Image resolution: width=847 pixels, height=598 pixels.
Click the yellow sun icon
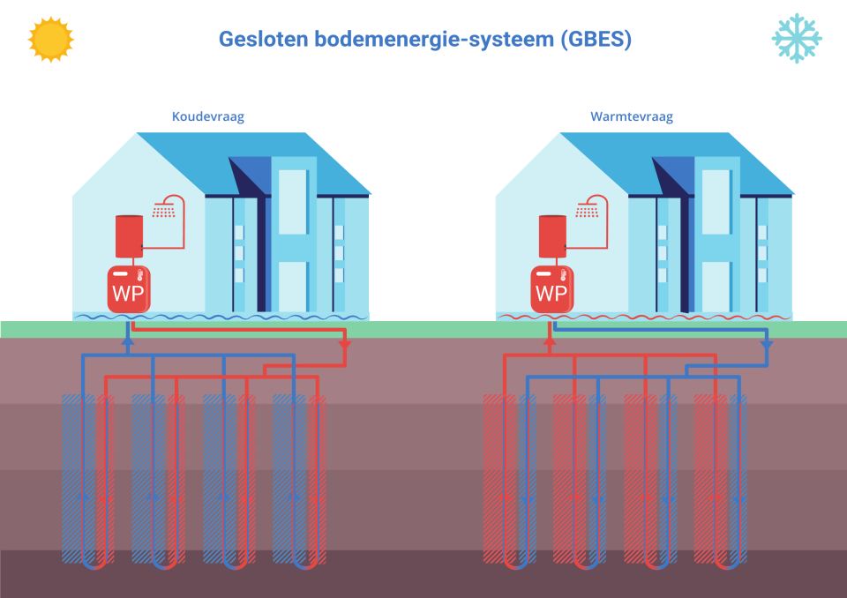(x=50, y=39)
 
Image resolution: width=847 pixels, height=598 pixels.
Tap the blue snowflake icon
(x=796, y=38)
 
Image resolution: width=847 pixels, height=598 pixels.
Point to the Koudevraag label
(x=208, y=116)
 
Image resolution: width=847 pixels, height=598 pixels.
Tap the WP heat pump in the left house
(x=128, y=289)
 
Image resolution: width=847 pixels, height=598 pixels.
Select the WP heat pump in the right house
(x=551, y=289)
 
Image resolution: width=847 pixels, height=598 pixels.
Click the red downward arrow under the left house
(x=344, y=345)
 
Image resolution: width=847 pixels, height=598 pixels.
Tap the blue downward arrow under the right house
(x=767, y=345)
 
